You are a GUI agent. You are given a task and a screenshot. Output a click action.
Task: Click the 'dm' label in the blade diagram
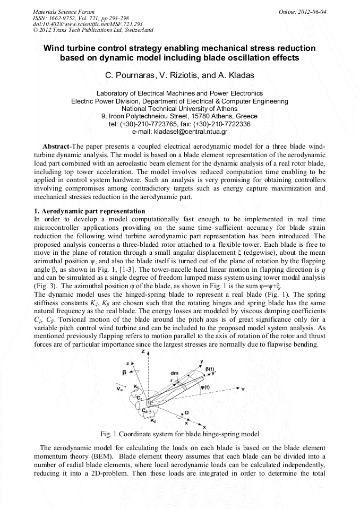click(174, 372)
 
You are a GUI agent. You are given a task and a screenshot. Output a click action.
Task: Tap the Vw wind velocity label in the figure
click(120, 389)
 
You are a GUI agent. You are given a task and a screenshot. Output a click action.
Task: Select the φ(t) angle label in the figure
click(207, 386)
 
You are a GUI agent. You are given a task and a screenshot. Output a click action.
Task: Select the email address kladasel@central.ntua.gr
click(179, 131)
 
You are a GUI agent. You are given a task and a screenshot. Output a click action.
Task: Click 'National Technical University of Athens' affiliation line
click(179, 108)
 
